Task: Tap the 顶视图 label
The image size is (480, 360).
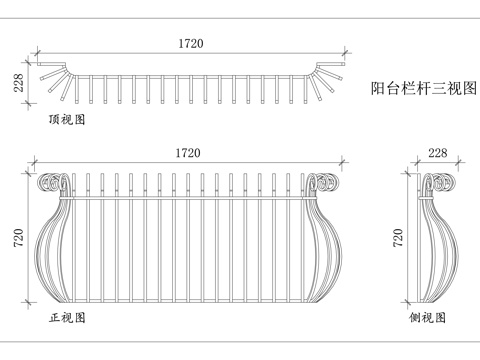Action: pos(67,119)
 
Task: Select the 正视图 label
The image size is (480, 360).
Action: pos(67,318)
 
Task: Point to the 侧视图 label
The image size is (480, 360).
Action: pos(427,318)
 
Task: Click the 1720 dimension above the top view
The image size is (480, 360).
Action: pos(189,43)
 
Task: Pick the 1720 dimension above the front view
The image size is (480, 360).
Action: pos(189,153)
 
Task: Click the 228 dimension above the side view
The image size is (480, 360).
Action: pos(437,153)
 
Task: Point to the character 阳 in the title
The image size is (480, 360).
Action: pos(377,87)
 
